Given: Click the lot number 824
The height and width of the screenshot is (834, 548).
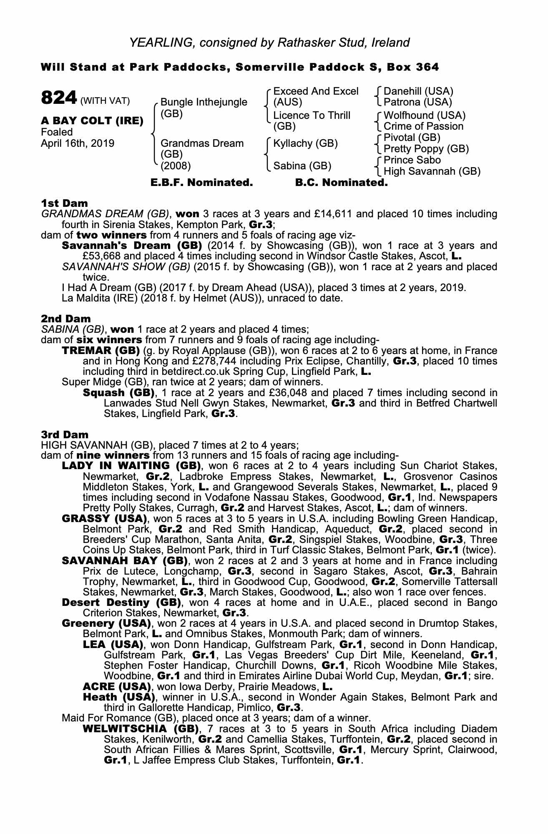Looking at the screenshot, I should click(59, 98).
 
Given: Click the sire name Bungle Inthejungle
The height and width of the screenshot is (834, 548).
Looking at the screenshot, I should click(204, 102).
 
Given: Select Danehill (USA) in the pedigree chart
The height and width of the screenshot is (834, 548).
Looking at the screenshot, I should click(418, 91).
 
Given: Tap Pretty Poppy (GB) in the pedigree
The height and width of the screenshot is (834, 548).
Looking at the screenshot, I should click(426, 149).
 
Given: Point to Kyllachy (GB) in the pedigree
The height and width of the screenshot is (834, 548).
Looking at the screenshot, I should click(305, 143).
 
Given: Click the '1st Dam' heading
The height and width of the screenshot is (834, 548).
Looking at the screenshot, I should click(64, 203).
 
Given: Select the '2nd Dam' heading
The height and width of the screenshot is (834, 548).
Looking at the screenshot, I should click(65, 319).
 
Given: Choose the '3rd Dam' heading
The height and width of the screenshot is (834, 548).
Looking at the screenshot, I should click(65, 435).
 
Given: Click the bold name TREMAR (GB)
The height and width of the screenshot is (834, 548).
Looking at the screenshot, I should click(100, 351).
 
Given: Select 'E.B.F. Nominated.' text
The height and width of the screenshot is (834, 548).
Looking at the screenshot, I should click(201, 183).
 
